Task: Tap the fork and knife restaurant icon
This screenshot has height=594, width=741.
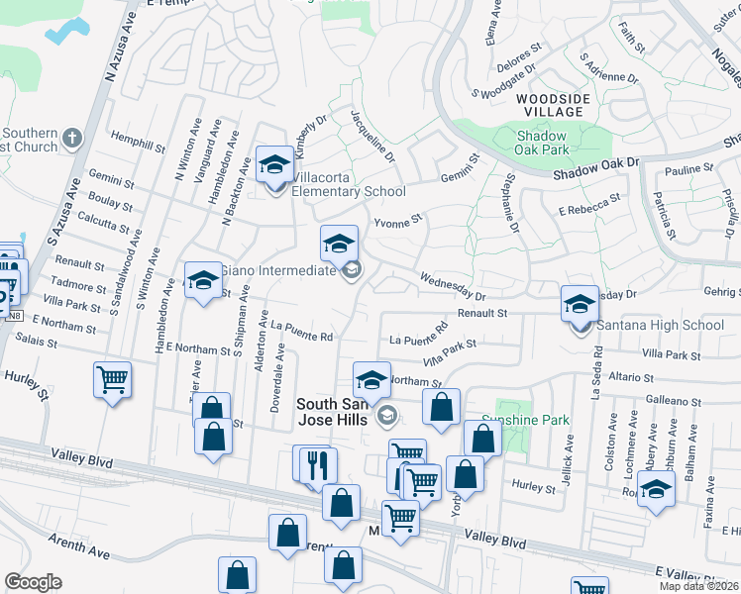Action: click(318, 464)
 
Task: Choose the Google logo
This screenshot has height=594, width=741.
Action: click(33, 582)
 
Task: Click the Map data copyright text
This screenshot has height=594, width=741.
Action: click(697, 586)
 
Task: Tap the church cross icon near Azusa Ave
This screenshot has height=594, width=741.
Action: click(70, 136)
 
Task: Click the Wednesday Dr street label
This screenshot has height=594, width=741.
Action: click(453, 287)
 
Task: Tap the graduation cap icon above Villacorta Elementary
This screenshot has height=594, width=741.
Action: click(274, 164)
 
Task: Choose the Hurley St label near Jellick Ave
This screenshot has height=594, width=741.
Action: click(535, 486)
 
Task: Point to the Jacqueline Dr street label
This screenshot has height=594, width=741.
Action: click(372, 137)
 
